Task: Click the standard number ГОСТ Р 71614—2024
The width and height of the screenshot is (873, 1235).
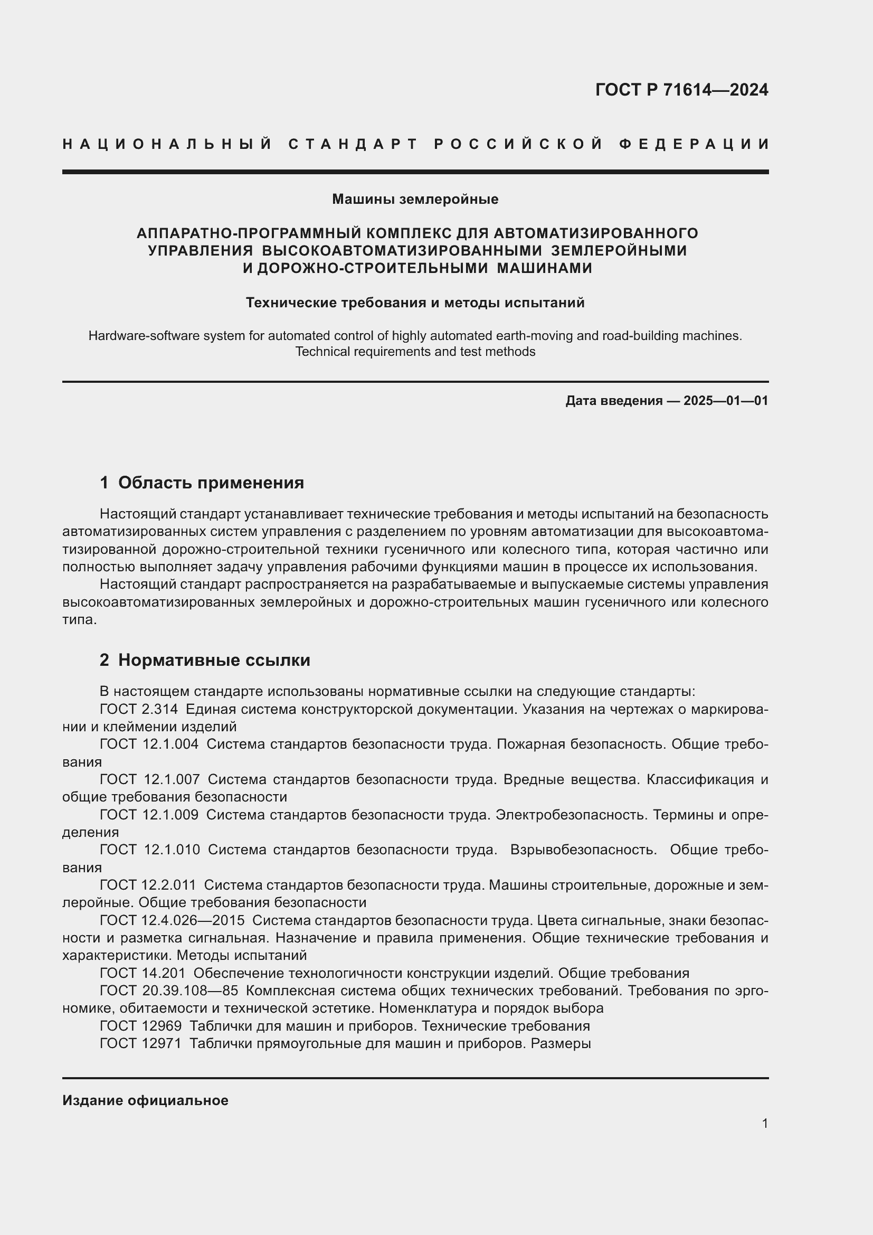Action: coord(681,90)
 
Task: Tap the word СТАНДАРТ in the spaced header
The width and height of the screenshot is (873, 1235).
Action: coord(353,144)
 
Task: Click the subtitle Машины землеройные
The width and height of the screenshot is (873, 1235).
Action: coord(415,199)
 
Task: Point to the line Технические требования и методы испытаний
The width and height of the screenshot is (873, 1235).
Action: coord(415,303)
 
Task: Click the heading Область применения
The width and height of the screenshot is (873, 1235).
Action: coord(211,483)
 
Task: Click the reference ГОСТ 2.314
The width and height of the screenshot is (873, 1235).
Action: coord(139,710)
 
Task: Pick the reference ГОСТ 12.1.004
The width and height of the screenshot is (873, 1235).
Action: coord(149,744)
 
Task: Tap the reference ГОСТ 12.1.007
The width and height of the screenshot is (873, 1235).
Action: coord(149,779)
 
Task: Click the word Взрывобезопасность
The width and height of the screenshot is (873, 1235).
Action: coord(583,850)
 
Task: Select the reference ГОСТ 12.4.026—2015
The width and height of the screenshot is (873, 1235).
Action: coord(172,920)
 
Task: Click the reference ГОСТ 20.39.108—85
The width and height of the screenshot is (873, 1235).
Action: coord(169,990)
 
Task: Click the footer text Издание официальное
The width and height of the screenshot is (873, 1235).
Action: coord(145,1100)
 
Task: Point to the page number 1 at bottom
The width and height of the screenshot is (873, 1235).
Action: coord(764,1123)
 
